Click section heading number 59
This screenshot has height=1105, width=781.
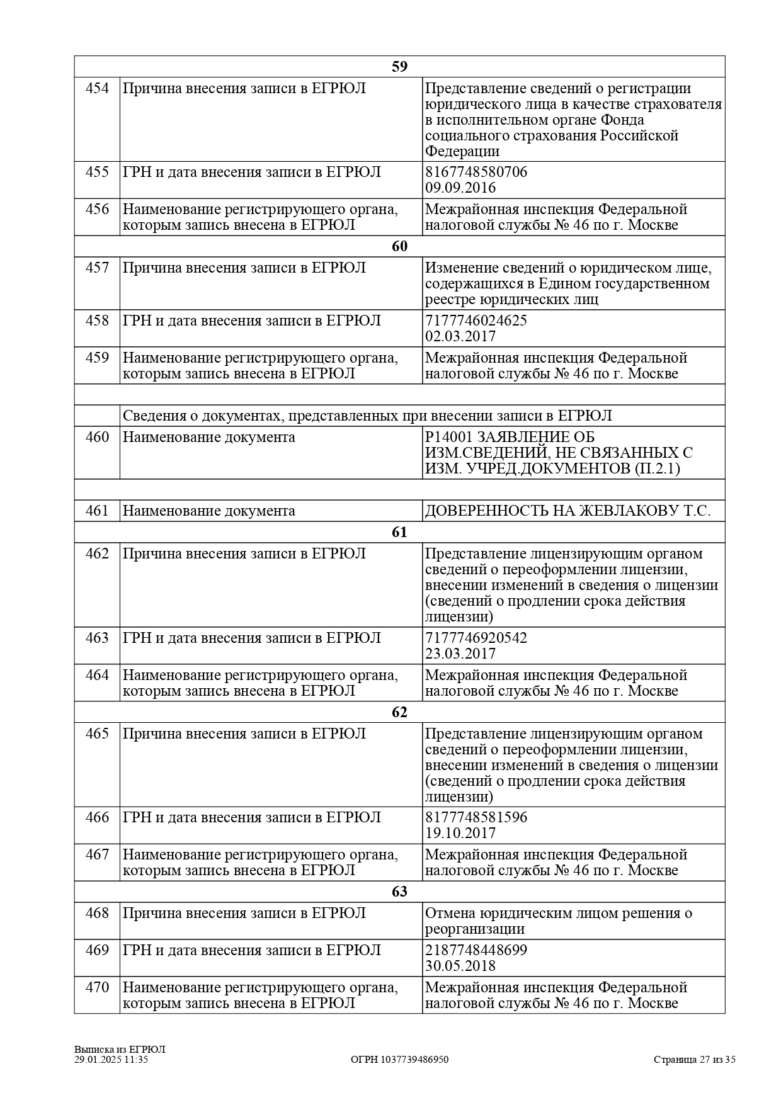[399, 67]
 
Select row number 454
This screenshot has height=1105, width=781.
[97, 88]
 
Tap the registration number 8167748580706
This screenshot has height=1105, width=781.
[476, 172]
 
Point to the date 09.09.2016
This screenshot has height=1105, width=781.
[460, 188]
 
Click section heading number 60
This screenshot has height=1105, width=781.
[399, 246]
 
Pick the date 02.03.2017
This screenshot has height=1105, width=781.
[460, 336]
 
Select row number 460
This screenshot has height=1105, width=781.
[97, 437]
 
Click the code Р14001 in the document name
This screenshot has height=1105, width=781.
[448, 437]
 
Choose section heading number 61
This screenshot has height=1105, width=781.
[399, 532]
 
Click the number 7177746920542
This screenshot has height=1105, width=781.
[476, 638]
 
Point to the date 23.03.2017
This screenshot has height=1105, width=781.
[460, 654]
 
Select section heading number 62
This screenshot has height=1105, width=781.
[399, 712]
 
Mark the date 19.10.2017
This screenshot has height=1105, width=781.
[460, 833]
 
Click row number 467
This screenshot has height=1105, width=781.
[97, 854]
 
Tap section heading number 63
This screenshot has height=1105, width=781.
[399, 892]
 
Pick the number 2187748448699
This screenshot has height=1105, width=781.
[476, 950]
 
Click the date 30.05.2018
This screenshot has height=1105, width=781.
[460, 966]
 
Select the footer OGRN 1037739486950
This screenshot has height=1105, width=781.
[399, 1060]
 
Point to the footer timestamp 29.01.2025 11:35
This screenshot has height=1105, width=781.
[111, 1060]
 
